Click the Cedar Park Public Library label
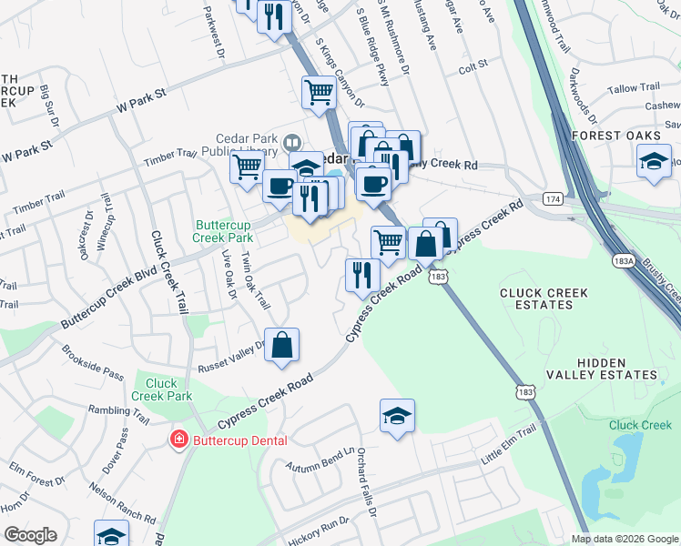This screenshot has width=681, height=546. coord(239,145)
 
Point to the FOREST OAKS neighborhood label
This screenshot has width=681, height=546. coord(615,135)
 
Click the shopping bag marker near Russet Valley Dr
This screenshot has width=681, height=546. coord(282,346)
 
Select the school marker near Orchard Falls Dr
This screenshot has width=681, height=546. coord(397,416)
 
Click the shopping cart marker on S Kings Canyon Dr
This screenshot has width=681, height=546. coord(319,93)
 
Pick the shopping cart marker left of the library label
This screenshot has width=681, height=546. coord(248,167)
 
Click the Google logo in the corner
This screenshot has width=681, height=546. coord(30,535)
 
